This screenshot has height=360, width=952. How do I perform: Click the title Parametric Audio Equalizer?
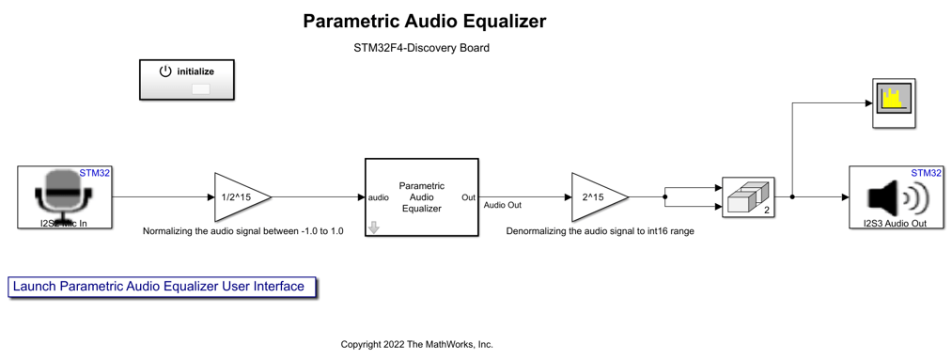tap(424, 22)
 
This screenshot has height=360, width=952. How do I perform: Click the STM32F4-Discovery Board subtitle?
tap(415, 48)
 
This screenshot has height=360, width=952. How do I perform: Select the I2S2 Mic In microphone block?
tap(64, 197)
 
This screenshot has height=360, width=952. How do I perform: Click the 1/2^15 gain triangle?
tap(240, 197)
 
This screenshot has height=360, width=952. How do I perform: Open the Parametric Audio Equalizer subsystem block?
tap(421, 197)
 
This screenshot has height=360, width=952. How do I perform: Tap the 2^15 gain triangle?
tap(597, 197)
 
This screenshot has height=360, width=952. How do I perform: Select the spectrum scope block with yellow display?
tap(893, 102)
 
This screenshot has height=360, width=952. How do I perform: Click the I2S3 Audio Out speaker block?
tap(897, 197)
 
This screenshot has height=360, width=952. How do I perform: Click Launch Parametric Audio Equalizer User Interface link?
tap(159, 287)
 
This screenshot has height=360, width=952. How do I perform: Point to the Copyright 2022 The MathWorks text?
tap(416, 345)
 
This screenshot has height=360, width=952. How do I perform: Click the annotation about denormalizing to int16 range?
tap(600, 230)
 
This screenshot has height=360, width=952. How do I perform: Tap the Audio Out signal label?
tap(502, 205)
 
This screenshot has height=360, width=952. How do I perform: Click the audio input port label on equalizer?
tap(379, 198)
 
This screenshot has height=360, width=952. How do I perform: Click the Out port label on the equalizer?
tap(468, 198)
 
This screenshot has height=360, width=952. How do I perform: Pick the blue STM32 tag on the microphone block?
tap(95, 173)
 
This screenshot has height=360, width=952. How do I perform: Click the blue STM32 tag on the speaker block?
tap(927, 173)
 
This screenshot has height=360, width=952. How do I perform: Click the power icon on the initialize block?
tap(165, 71)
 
